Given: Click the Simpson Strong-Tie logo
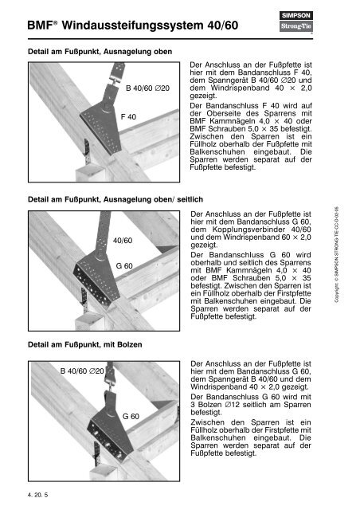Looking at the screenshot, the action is pos(296,22).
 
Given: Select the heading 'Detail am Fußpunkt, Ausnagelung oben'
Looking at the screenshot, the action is pos(100,51).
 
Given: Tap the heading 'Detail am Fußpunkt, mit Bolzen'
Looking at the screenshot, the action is pos(85,344).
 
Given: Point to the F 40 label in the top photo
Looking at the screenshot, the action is pos(128,117).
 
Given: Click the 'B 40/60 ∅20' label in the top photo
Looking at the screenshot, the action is pos(147,88).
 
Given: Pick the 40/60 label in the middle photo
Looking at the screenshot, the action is pos(123,241).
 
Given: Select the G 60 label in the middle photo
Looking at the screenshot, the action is pos(124,265).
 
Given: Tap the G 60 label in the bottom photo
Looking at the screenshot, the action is pos(131,416).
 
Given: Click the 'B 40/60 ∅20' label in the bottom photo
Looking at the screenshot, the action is pos(82,371).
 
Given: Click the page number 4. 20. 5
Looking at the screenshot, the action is pos(37,495).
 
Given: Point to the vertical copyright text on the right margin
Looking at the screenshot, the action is pos(337,254).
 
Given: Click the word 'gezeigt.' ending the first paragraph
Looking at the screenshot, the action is pos(203,96).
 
